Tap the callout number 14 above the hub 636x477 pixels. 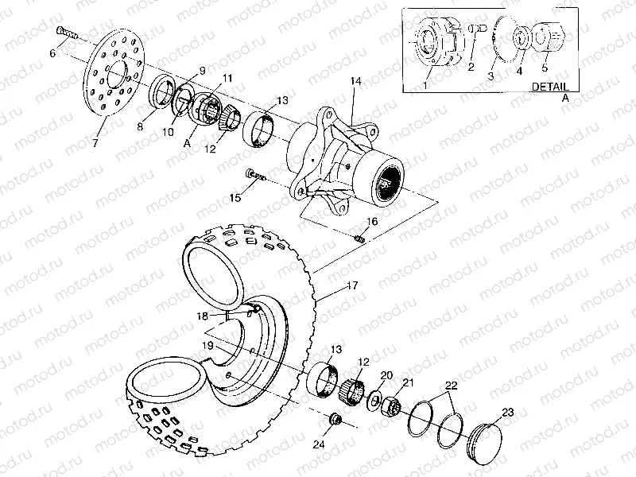pyautogui.click(x=355, y=82)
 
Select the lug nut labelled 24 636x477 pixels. pyautogui.click(x=335, y=419)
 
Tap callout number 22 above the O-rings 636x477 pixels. pyautogui.click(x=452, y=386)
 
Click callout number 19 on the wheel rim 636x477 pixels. pyautogui.click(x=206, y=346)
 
